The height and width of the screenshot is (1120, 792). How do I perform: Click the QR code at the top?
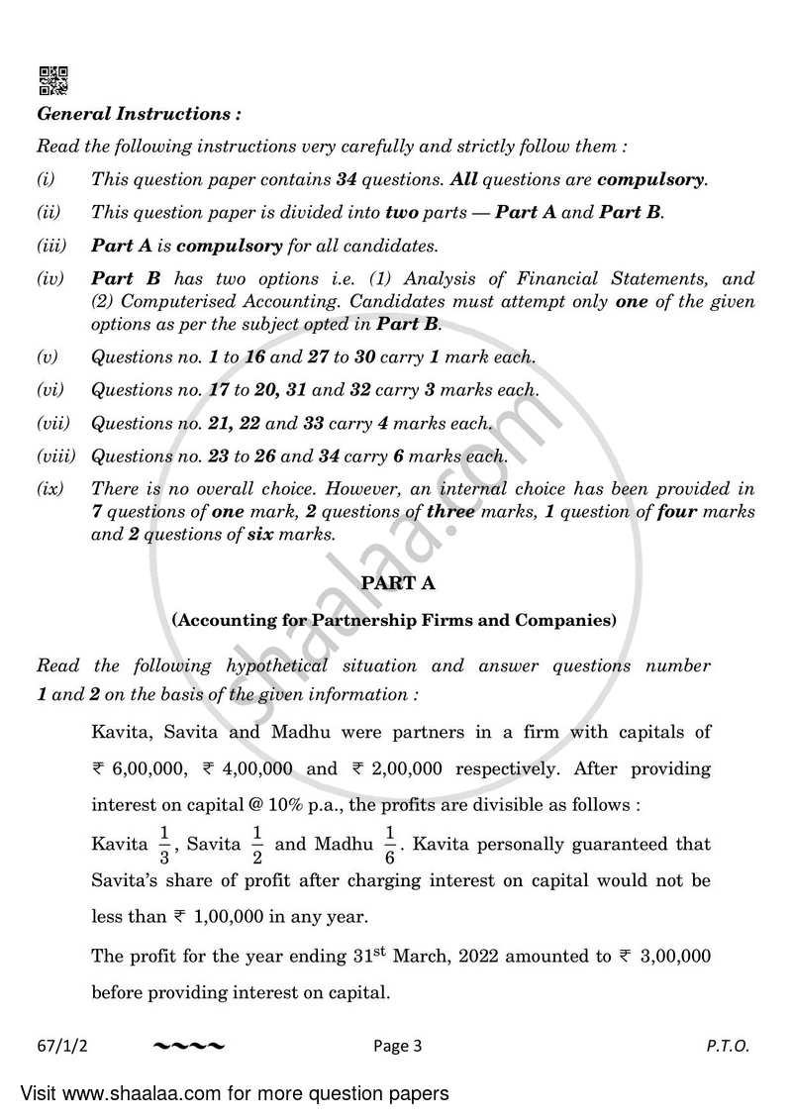[x=52, y=80]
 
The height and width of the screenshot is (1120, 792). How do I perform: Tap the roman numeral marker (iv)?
[x=50, y=279]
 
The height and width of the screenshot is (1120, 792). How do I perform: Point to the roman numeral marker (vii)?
[x=53, y=424]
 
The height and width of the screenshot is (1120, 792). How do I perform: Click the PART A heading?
[x=394, y=584]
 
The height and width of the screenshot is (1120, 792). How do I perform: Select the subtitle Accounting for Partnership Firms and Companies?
[x=394, y=621]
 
